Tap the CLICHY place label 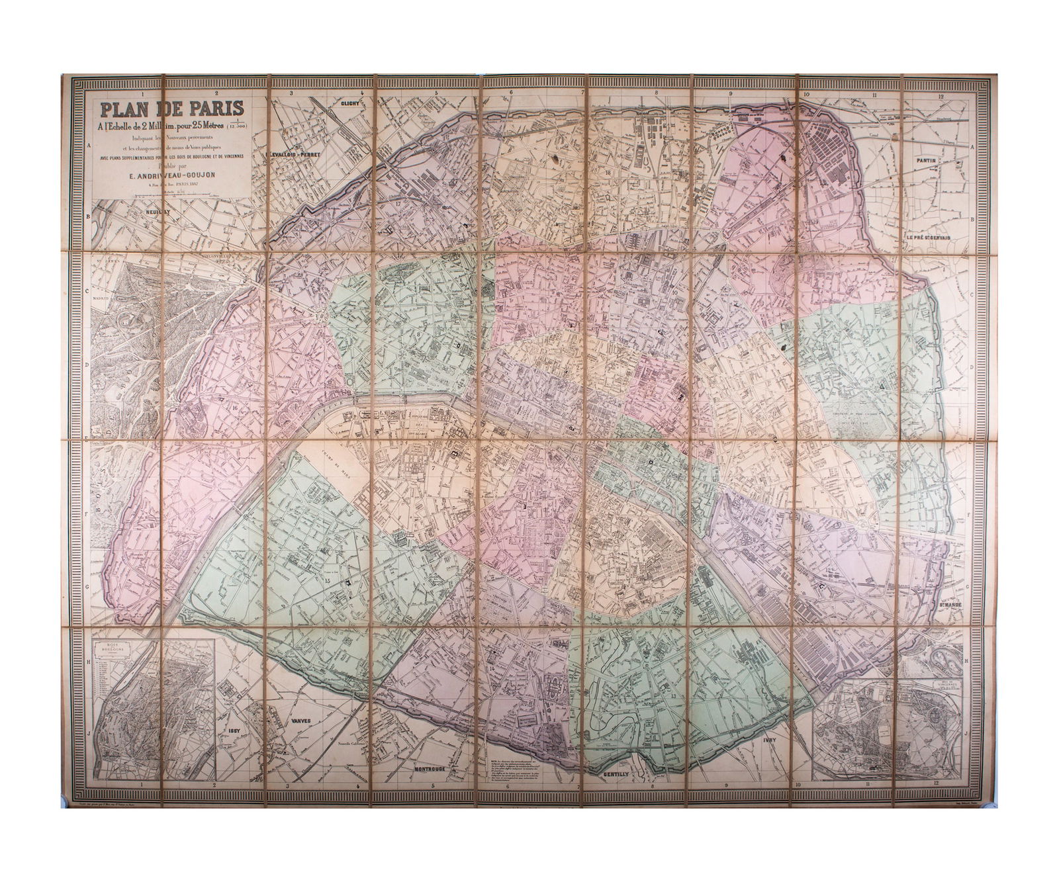(349, 103)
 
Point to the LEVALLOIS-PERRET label (299, 154)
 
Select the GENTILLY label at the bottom (623, 773)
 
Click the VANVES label (299, 721)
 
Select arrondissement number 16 (235, 408)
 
